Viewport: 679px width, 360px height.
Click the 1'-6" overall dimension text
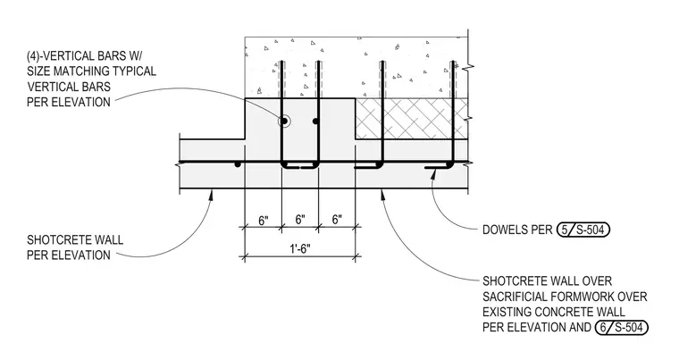coord(300,249)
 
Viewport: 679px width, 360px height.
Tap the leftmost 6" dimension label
coord(264,221)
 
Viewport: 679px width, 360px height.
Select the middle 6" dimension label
coord(300,220)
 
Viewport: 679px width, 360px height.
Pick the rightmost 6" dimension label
coord(338,220)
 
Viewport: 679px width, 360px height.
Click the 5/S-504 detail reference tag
coord(583,230)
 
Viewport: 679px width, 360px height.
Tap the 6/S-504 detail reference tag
coord(622,327)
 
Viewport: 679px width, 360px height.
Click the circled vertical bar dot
coord(284,121)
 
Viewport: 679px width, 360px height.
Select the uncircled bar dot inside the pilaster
coord(315,121)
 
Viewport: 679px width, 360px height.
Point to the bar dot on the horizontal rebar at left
coord(238,164)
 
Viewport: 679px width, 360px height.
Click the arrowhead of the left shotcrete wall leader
coord(211,194)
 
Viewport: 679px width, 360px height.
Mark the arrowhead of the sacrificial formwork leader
coord(382,194)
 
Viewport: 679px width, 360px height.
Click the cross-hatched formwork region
coord(411,118)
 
